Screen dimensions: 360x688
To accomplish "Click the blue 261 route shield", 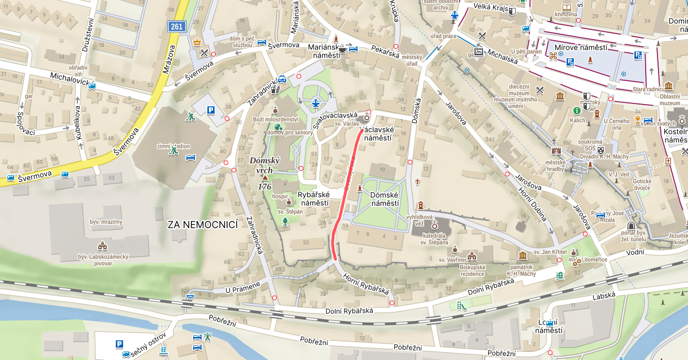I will pyautogui.click(x=176, y=27).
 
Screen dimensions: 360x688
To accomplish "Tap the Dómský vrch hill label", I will pyautogui.click(x=264, y=165).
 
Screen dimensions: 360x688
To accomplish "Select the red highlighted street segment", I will pyautogui.click(x=346, y=192).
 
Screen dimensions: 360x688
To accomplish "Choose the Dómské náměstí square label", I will pyautogui.click(x=384, y=199).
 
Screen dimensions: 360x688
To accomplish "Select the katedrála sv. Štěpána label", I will pyautogui.click(x=434, y=238).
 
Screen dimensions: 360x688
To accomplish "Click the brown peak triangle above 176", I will pyautogui.click(x=264, y=178).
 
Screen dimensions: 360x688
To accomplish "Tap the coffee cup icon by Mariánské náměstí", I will pyautogui.click(x=342, y=50).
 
